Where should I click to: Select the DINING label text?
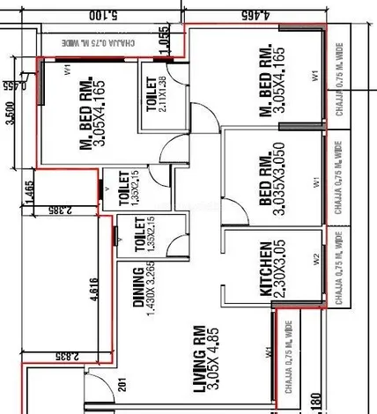[138, 287]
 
